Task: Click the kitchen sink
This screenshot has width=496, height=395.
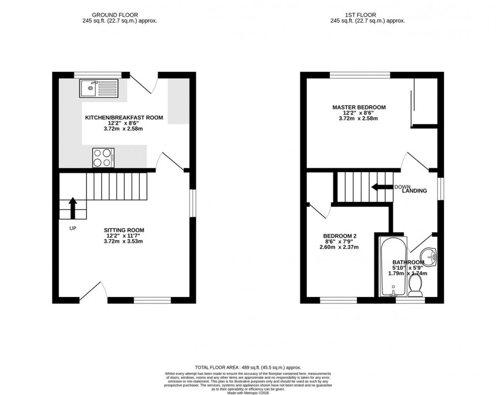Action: pos(99,88)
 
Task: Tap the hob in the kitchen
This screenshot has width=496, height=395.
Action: pos(103,157)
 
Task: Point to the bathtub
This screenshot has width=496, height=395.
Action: pos(391,267)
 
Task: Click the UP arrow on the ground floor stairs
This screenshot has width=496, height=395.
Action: pos(72,208)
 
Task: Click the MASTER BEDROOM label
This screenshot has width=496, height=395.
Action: pos(359,107)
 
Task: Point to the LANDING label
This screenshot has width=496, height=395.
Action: pos(415,191)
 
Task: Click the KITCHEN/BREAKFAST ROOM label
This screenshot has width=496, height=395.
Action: pos(124,118)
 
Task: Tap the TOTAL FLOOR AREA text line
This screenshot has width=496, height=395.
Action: pos(247,367)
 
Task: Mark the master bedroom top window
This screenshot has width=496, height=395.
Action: pos(360,75)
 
